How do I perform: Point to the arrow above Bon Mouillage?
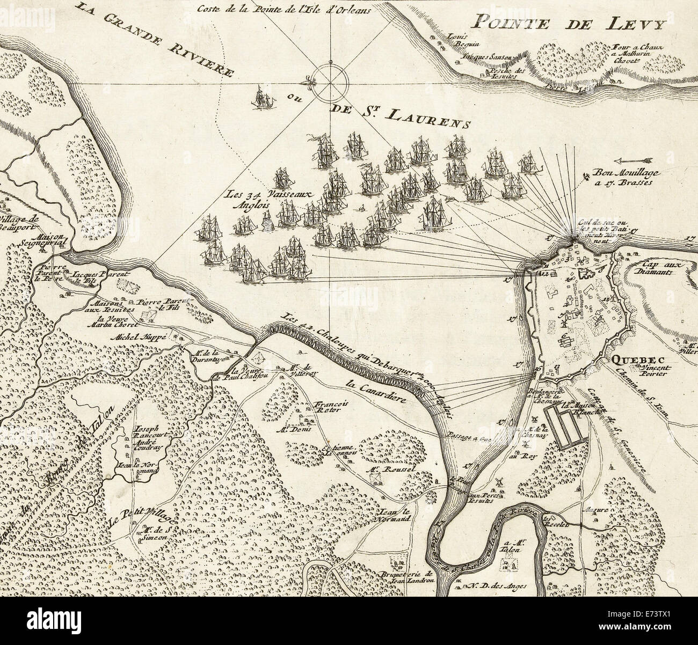(632, 160)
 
